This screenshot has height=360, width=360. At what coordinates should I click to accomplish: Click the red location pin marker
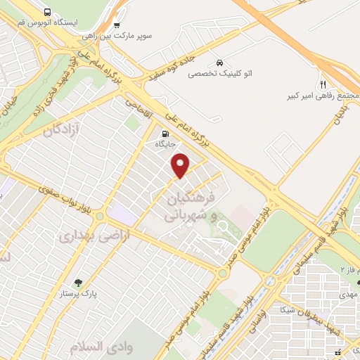tap(181, 165)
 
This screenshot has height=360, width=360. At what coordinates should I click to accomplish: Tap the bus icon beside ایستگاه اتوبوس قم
tap(46, 12)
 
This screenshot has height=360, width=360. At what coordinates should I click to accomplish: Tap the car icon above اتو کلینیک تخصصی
tap(221, 62)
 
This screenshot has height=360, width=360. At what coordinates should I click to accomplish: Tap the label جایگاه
tap(165, 143)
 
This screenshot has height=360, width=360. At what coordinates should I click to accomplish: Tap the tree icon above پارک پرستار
tap(86, 283)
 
